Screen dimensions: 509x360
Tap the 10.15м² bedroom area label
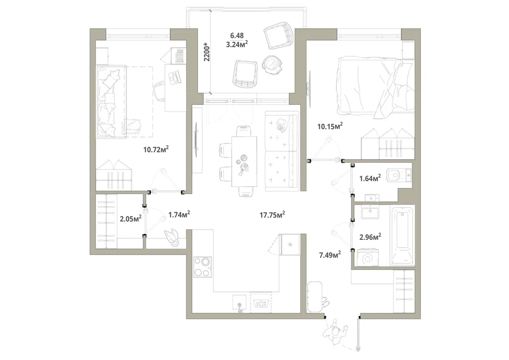[330, 126]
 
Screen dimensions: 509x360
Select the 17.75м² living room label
[272, 214]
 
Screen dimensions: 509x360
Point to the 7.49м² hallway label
[330, 255]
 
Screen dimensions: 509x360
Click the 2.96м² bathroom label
[370, 237]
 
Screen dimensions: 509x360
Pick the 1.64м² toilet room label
[370, 178]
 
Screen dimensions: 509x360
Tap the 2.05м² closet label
[130, 218]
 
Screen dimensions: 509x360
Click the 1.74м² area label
[179, 214]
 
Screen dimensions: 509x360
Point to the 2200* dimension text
[207, 51]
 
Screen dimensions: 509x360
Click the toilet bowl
[399, 175]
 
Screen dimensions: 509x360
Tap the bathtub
[403, 236]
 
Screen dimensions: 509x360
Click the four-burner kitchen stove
[203, 266]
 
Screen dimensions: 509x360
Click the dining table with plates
[244, 161]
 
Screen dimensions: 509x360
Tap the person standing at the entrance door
[335, 332]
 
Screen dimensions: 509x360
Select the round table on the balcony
[272, 65]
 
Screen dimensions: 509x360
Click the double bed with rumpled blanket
[376, 87]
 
